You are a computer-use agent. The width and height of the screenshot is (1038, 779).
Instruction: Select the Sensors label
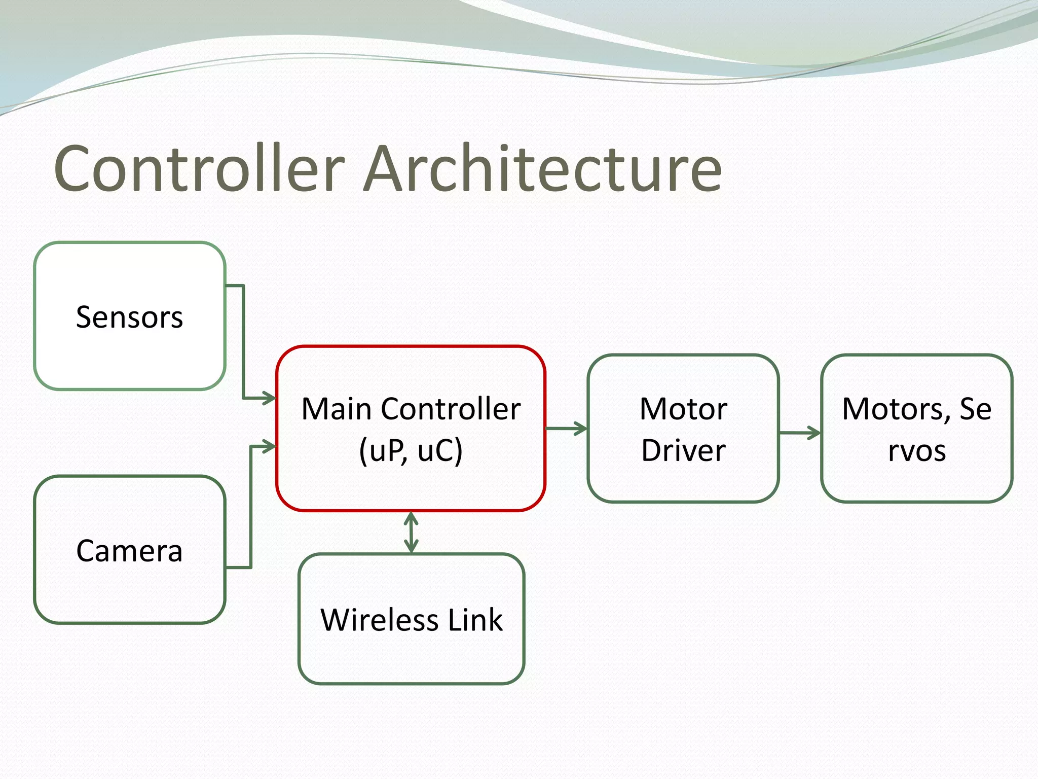129,317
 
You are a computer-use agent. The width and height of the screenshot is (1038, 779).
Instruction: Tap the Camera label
129,551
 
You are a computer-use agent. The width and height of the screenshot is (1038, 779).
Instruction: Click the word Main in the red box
337,409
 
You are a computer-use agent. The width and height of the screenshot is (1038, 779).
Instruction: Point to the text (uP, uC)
411,450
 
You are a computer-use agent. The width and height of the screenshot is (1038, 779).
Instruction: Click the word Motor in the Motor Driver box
683,409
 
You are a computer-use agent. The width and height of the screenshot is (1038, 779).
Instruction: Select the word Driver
683,450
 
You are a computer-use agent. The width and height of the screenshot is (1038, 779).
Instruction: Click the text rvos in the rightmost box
916,450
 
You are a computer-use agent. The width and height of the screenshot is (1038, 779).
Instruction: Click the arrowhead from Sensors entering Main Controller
269,398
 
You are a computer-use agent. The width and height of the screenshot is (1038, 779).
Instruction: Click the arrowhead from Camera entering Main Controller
269,447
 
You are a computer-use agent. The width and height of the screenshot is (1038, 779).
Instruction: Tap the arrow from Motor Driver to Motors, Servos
800,433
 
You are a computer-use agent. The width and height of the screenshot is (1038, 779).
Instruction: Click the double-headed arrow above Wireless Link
411,532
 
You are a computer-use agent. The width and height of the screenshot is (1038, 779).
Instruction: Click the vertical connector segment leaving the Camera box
251,507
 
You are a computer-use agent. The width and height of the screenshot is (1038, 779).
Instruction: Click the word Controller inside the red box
451,409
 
